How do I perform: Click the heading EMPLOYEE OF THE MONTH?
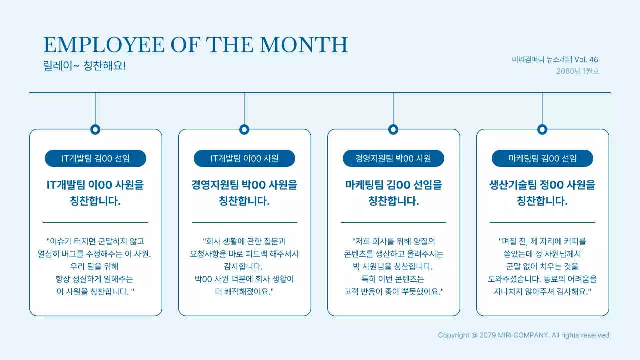195,45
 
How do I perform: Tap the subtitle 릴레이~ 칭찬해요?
84,66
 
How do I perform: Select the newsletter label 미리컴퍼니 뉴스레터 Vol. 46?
555,59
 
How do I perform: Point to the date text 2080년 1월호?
577,71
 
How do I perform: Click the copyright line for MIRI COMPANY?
524,335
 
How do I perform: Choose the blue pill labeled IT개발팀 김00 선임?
95,159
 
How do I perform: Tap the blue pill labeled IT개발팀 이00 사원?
244,159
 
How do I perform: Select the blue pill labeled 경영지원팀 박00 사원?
393,159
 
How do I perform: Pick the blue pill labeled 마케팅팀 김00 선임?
542,159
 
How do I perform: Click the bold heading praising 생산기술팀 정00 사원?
542,193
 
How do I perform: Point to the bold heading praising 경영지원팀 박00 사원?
244,193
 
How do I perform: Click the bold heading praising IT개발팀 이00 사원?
95,193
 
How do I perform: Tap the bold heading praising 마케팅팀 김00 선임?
393,193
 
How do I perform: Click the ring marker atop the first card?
95,130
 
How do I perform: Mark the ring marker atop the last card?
542,130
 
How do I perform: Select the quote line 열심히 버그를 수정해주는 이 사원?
95,254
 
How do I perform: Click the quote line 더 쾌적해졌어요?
244,291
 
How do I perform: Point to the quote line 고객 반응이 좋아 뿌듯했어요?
393,291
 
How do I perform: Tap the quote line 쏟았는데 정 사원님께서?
542,254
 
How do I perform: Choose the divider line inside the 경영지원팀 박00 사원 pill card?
393,222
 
